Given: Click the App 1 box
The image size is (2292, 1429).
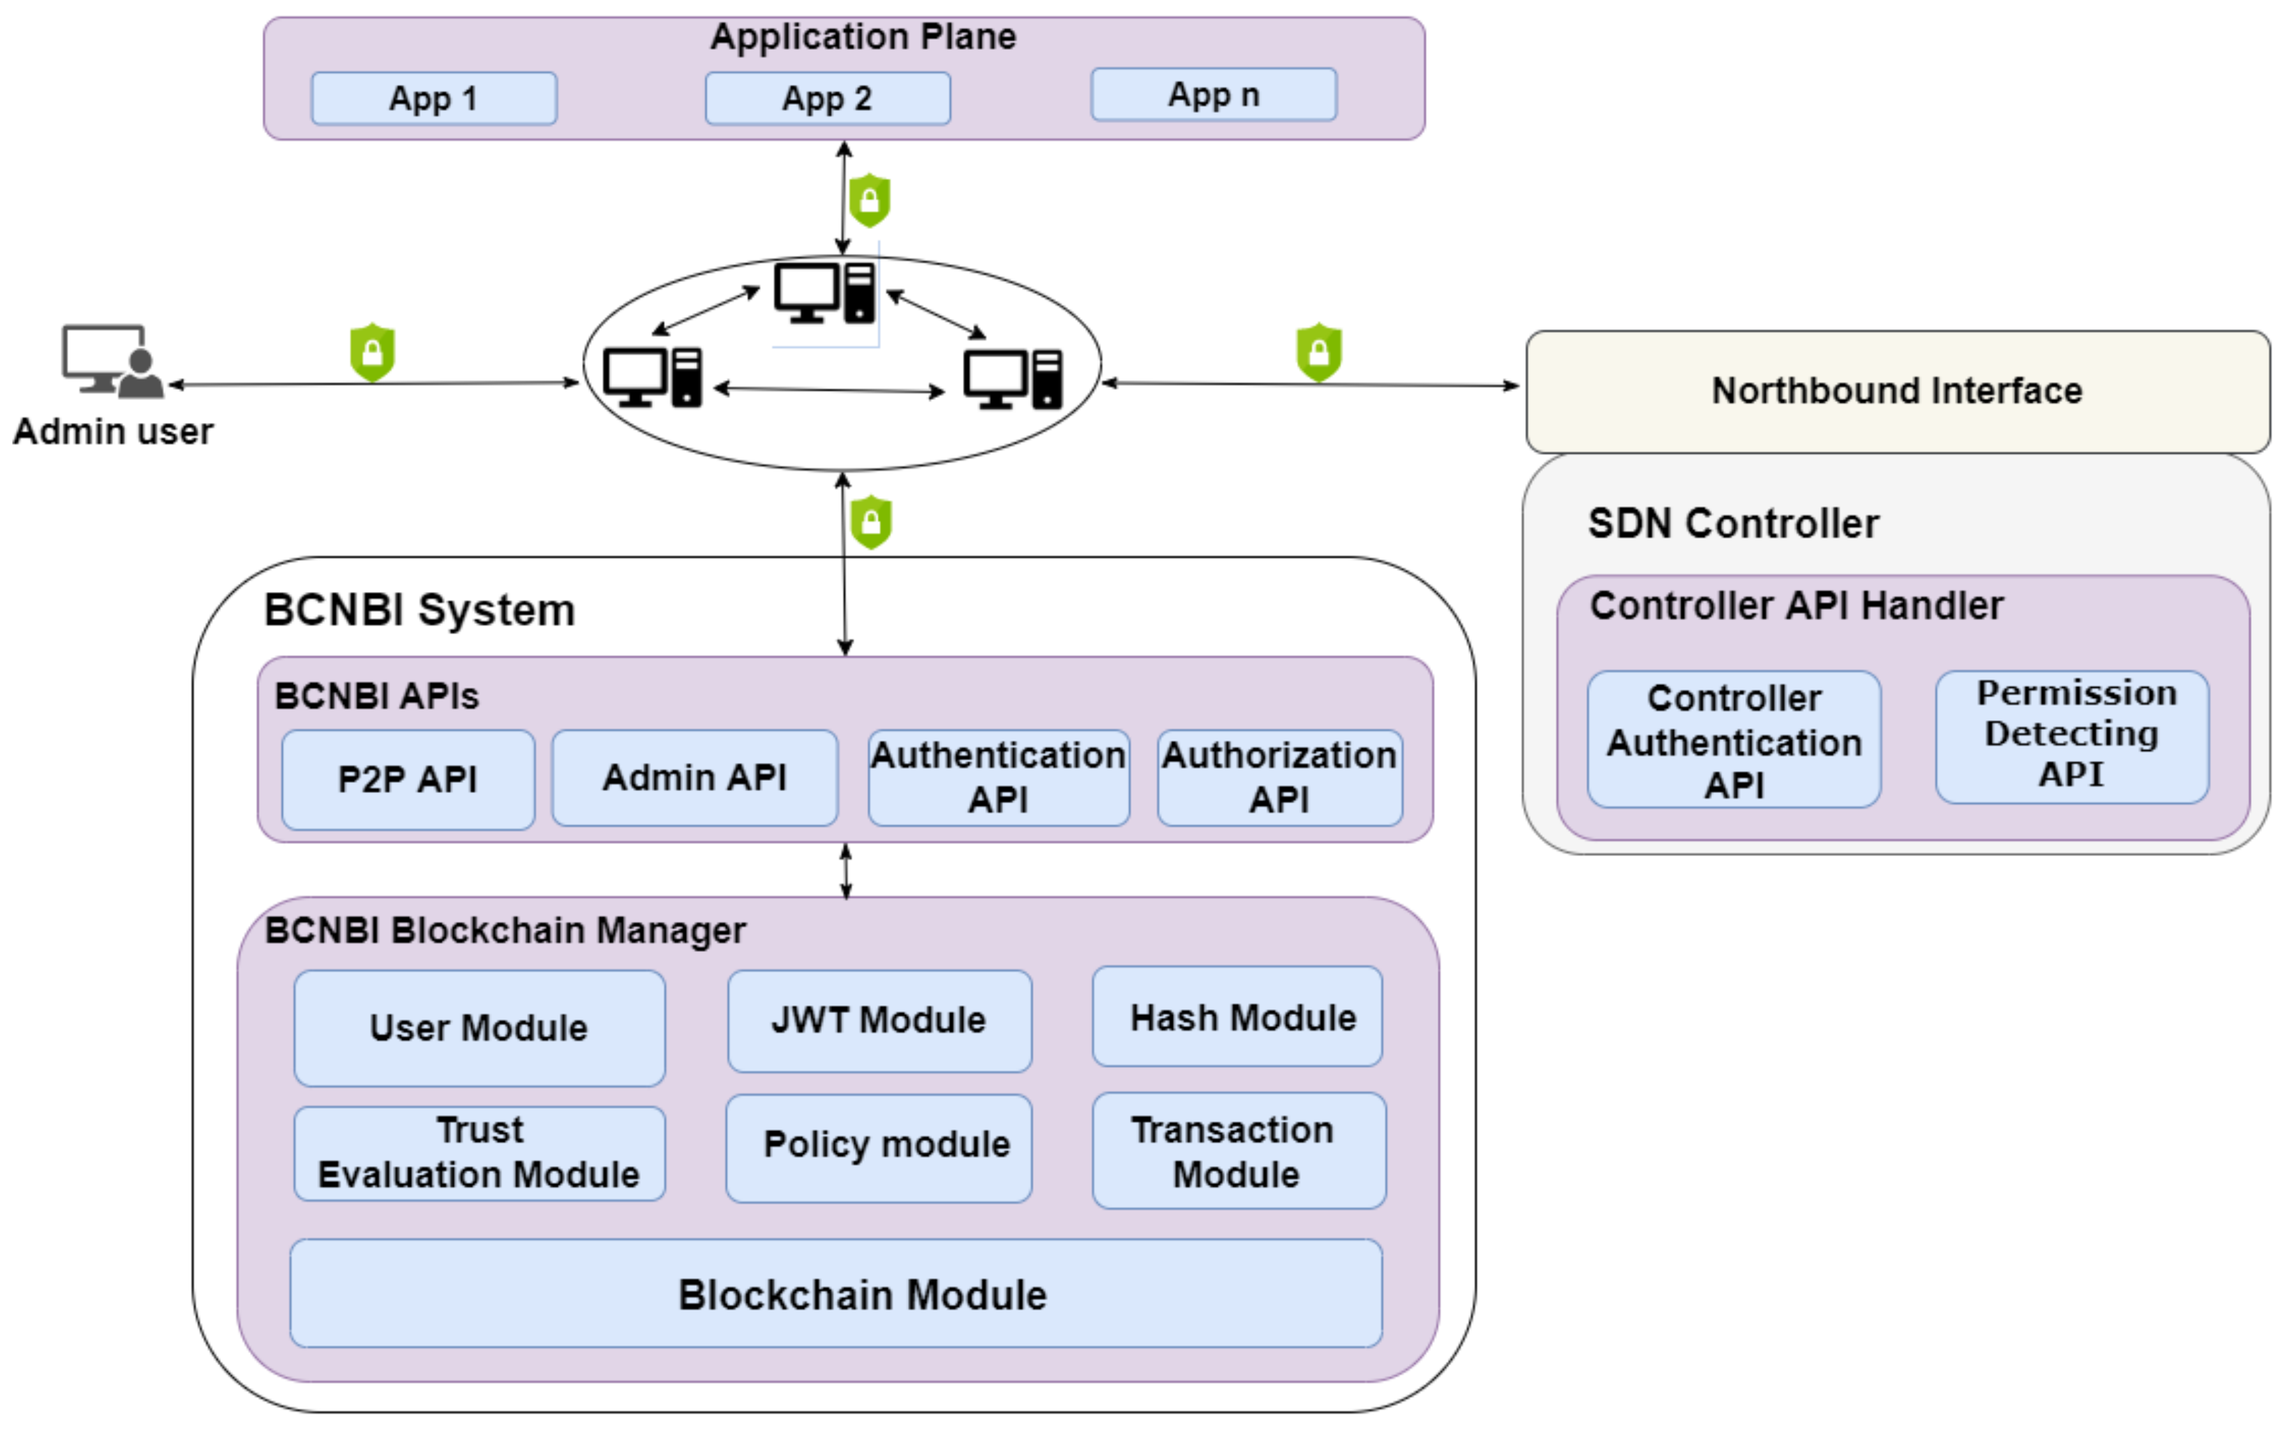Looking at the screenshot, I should click(434, 98).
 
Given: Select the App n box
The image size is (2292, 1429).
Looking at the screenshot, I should click(1214, 94).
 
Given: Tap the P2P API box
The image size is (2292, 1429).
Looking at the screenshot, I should click(408, 780).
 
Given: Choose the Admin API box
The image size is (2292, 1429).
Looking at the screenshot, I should click(695, 778).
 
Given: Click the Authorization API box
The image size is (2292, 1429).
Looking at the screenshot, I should click(1280, 778).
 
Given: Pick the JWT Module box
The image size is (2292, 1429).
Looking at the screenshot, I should click(879, 1021).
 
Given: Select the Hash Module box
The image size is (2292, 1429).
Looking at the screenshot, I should click(1237, 1017).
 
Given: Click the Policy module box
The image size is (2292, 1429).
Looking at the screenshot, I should click(879, 1148).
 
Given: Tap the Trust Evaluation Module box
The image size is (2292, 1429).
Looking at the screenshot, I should click(479, 1153).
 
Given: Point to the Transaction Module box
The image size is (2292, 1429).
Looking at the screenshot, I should click(1238, 1151).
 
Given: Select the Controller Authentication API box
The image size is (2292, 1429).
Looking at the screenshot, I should click(1734, 740).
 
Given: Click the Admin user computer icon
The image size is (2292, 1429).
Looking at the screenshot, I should click(112, 361).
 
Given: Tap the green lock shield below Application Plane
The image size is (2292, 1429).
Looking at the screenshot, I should click(870, 200).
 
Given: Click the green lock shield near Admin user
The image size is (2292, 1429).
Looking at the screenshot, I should click(373, 353).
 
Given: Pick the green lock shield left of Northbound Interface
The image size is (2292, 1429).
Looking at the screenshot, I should click(1318, 353).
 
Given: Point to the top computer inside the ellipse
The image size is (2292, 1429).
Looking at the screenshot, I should click(824, 292).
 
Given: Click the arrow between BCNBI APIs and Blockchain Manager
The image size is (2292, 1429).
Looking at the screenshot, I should click(846, 870).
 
